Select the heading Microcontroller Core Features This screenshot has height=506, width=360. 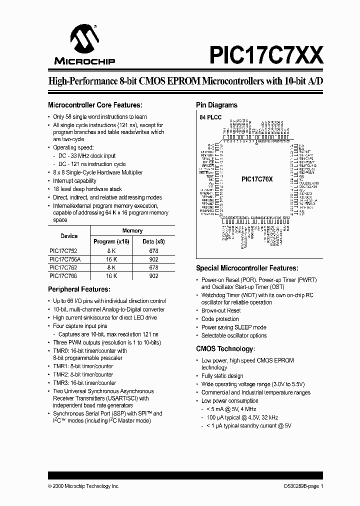pyautogui.click(x=95, y=105)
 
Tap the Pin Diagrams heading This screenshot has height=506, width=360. pyautogui.click(x=216, y=105)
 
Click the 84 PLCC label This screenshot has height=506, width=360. pyautogui.click(x=210, y=116)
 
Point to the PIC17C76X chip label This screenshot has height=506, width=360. pyautogui.click(x=257, y=179)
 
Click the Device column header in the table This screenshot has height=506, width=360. pyautogui.click(x=69, y=236)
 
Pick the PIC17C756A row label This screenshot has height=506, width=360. pyautogui.click(x=65, y=259)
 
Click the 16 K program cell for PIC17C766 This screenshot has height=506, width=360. pyautogui.click(x=111, y=275)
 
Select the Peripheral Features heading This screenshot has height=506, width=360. pyautogui.click(x=78, y=289)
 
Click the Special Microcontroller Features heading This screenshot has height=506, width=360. pyautogui.click(x=246, y=268)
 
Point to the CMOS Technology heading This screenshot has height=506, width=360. pyautogui.click(x=225, y=348)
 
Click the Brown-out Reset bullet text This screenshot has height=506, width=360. pyautogui.click(x=220, y=310)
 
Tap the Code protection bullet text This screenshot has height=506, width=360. pyautogui.click(x=220, y=319)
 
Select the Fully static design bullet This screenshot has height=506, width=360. pyautogui.click(x=222, y=376)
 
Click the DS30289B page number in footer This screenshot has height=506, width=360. pyautogui.click(x=300, y=486)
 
